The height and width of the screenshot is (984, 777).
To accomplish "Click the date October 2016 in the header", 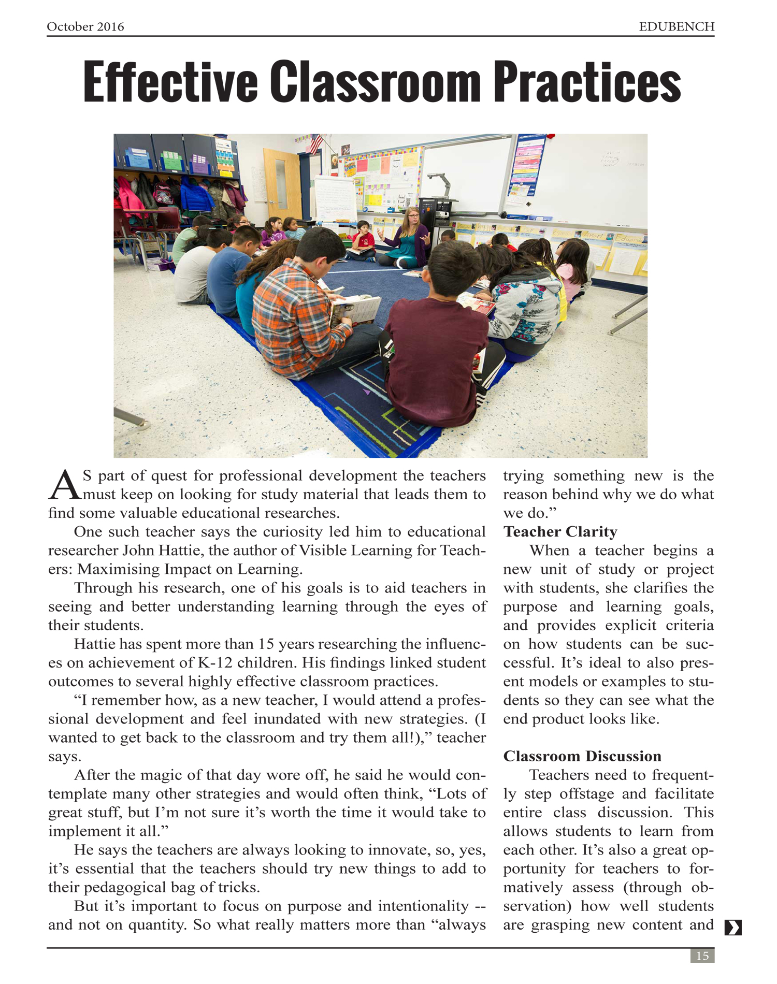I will coord(85,27).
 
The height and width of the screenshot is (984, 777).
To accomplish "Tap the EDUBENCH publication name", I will coord(677,27).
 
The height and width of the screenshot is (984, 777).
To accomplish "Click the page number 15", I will coord(702,956).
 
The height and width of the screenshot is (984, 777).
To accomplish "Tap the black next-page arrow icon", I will coord(733,928).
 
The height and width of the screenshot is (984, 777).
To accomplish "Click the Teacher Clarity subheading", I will coord(560,532).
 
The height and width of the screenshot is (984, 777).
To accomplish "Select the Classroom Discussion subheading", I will coord(582,756).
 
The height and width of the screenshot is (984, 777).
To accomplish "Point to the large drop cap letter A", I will coord(64,486).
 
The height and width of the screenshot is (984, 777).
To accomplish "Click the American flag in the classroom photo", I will coord(314,143).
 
